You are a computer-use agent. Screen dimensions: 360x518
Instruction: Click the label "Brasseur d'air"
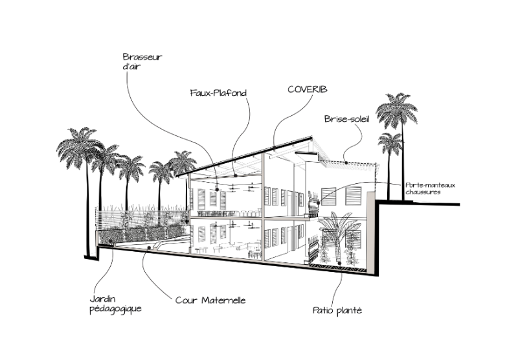coord(142,62)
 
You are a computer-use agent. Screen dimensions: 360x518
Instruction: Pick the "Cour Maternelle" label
coord(210,300)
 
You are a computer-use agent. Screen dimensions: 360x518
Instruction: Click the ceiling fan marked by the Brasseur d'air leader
coord(217,171)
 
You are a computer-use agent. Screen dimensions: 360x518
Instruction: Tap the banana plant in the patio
coord(337,227)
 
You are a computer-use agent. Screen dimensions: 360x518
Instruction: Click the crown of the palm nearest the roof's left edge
coord(183,162)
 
